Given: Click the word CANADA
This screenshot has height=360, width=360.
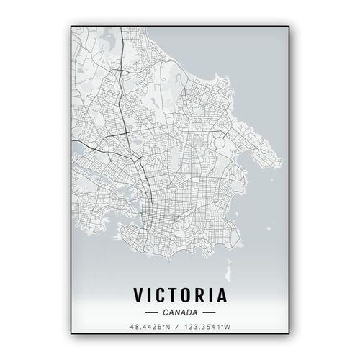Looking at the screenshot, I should point(180,312).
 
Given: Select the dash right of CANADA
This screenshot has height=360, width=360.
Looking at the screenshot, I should point(209,312).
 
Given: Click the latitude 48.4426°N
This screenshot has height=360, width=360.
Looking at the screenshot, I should point(149,327).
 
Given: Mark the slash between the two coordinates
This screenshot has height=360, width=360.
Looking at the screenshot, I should point(177,327).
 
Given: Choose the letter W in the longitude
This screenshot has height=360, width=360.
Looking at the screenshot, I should point(229,327).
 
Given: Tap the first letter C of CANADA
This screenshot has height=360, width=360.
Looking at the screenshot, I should point(166,312).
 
